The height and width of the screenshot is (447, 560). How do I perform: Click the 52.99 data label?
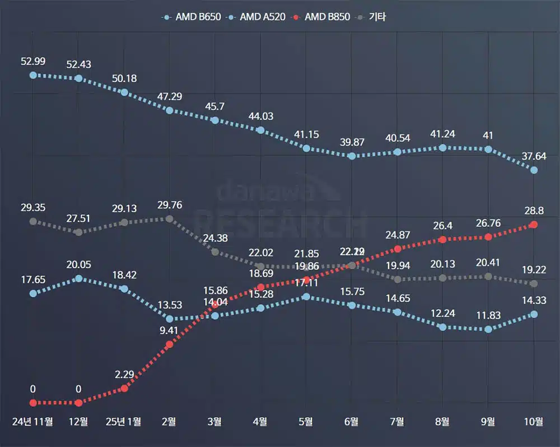coord(33,62)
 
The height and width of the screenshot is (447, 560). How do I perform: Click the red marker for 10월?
coord(534,225)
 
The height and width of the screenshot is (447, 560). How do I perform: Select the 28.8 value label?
coord(533,211)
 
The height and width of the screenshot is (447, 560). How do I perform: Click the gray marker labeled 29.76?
coord(170,218)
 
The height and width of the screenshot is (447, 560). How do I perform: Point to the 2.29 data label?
coord(124,374)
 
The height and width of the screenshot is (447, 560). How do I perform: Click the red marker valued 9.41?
coord(170,344)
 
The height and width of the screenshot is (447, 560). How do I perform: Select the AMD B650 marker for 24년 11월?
coord(33,75)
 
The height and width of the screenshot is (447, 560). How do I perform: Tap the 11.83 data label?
coord(488,315)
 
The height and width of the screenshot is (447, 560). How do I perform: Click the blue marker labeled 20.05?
coord(78,278)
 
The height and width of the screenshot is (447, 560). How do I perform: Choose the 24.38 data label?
coord(215,238)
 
